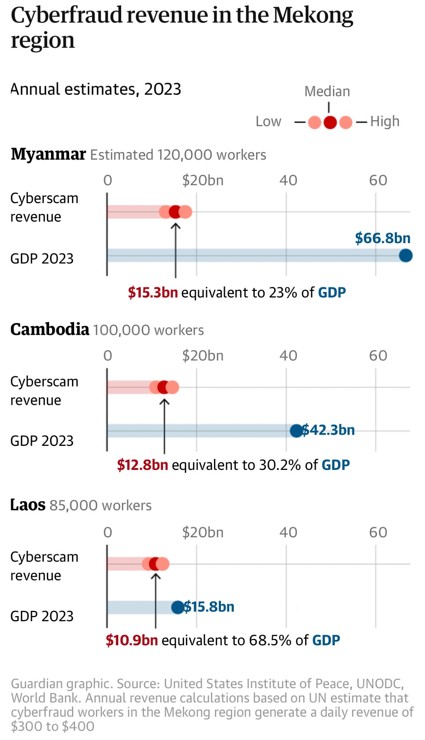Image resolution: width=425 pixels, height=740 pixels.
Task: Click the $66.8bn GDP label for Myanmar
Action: (x=382, y=238)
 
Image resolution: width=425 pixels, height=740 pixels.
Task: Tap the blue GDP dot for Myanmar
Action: (x=406, y=256)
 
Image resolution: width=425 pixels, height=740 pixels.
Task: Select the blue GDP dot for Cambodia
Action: (x=296, y=431)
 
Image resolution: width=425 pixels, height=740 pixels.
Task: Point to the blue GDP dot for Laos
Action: (x=178, y=607)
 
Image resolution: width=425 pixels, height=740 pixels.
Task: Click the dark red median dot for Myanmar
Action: (x=175, y=212)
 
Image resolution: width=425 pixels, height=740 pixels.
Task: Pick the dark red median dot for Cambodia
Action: (x=164, y=387)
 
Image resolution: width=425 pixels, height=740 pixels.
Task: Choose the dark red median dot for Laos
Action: (x=155, y=564)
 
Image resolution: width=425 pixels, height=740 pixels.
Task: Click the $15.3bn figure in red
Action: (x=153, y=293)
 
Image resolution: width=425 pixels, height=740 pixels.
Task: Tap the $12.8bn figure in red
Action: (x=142, y=465)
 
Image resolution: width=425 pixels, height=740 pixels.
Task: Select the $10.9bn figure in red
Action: (x=132, y=640)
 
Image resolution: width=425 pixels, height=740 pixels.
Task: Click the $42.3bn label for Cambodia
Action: (x=329, y=430)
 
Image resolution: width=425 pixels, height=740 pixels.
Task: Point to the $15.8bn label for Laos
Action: (x=209, y=607)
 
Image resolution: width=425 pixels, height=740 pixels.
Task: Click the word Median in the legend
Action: (x=327, y=91)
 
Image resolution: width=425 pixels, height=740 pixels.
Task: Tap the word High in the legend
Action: (x=385, y=121)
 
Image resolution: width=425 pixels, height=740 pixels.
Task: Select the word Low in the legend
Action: (x=268, y=121)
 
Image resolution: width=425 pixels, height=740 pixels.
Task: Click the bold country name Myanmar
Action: (x=48, y=154)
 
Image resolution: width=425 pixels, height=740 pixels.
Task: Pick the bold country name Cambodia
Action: (x=50, y=329)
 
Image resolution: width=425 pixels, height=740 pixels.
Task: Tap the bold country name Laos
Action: (x=28, y=505)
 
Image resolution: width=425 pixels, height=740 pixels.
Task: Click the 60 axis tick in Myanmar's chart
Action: (x=378, y=181)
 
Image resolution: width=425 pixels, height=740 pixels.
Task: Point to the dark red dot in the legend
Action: (x=330, y=122)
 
